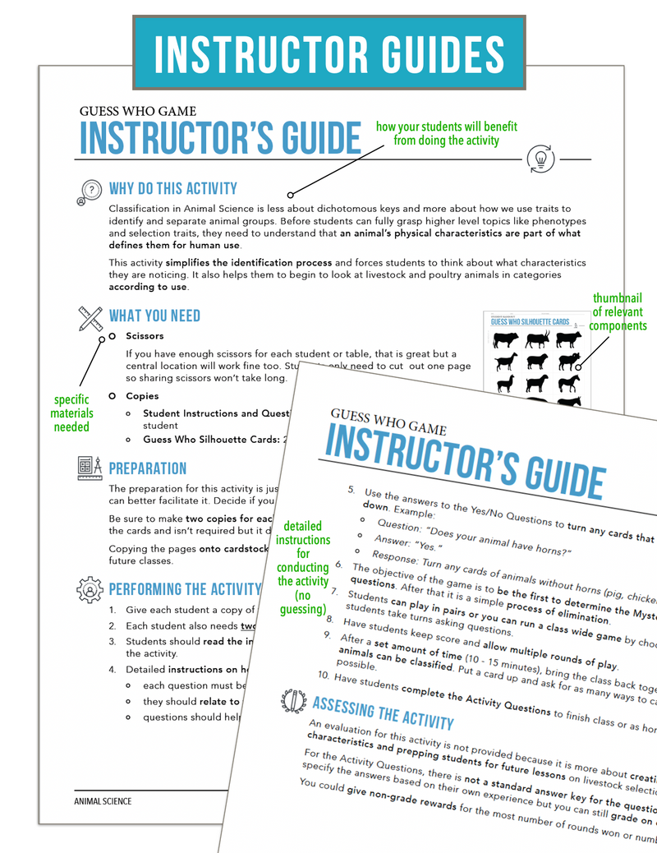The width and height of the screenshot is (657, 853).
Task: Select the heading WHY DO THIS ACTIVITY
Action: coord(173,189)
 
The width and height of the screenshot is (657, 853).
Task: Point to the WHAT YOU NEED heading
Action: coord(154,316)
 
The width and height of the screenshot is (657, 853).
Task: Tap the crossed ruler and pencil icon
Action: coord(90,317)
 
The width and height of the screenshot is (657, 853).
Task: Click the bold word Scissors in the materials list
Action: coord(145,336)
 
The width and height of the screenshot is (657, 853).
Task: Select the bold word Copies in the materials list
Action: coord(142,395)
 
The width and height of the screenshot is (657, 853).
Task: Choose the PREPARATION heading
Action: coord(148,468)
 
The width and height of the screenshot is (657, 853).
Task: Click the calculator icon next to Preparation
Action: coord(89,468)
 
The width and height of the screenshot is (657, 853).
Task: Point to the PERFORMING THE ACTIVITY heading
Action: coord(185,588)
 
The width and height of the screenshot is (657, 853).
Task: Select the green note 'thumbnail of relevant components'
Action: coord(619,312)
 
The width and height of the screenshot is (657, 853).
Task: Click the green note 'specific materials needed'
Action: coord(71,413)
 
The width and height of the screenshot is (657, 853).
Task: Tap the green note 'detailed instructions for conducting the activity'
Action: coord(302,567)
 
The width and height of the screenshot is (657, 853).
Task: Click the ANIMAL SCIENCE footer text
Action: coord(103,801)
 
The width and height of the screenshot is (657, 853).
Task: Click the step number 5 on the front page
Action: coord(351,491)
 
